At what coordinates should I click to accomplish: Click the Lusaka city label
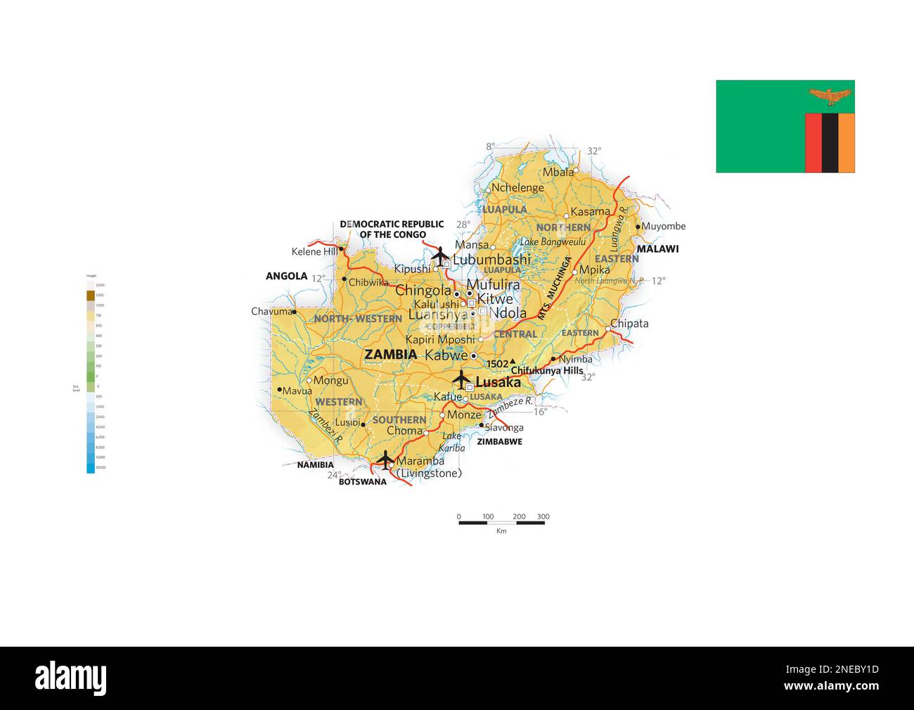pyautogui.click(x=498, y=383)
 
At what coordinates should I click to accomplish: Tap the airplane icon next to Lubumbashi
pyautogui.click(x=440, y=255)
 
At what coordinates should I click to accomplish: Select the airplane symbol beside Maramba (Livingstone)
pyautogui.click(x=385, y=459)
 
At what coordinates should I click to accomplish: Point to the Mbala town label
pyautogui.click(x=558, y=172)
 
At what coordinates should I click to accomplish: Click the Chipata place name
pyautogui.click(x=629, y=324)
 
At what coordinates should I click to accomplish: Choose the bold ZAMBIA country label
pyautogui.click(x=391, y=355)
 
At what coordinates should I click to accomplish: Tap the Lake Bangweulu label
pyautogui.click(x=553, y=242)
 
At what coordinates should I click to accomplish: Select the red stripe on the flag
pyautogui.click(x=813, y=143)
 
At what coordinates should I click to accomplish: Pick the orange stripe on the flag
pyautogui.click(x=847, y=143)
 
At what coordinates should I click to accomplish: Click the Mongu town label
pyautogui.click(x=330, y=381)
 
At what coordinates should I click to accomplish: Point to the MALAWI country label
pyautogui.click(x=657, y=249)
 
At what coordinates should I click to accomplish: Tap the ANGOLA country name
pyautogui.click(x=287, y=276)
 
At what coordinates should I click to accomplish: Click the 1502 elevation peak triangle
pyautogui.click(x=513, y=362)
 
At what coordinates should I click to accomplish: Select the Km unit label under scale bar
pyautogui.click(x=501, y=531)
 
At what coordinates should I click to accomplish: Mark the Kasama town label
pyautogui.click(x=590, y=212)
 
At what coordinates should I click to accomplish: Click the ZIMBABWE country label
pyautogui.click(x=499, y=442)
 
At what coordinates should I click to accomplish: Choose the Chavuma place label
pyautogui.click(x=271, y=312)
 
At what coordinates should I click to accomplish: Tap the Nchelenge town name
pyautogui.click(x=517, y=188)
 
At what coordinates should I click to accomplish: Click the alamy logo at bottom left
pyautogui.click(x=71, y=678)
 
